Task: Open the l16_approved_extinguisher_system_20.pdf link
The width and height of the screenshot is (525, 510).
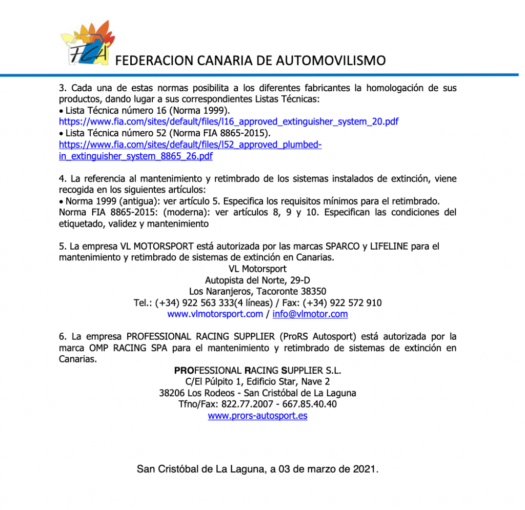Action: [229, 121]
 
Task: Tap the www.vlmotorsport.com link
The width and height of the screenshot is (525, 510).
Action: [215, 314]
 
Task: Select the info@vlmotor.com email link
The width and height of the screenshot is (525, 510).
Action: [310, 314]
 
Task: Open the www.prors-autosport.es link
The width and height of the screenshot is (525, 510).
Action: [257, 416]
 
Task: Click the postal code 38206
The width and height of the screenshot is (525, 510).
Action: [172, 393]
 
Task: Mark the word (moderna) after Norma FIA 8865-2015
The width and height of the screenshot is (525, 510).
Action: [185, 212]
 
